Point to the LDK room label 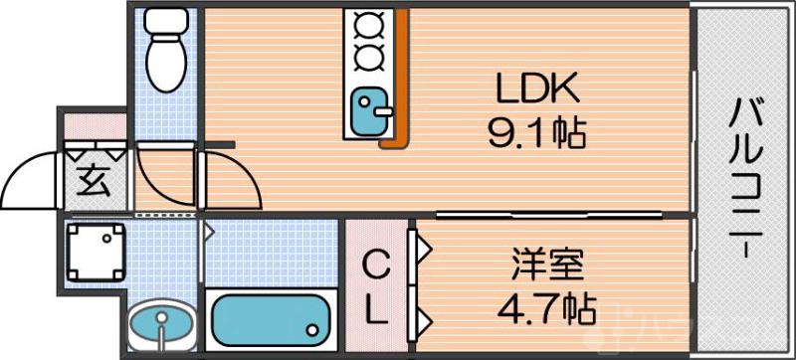(x=537, y=90)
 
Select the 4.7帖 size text (x=546, y=305)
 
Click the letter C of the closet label (x=374, y=266)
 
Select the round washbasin (x=159, y=324)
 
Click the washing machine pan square (x=96, y=250)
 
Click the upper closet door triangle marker (x=422, y=247)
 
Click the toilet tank (x=165, y=20)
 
